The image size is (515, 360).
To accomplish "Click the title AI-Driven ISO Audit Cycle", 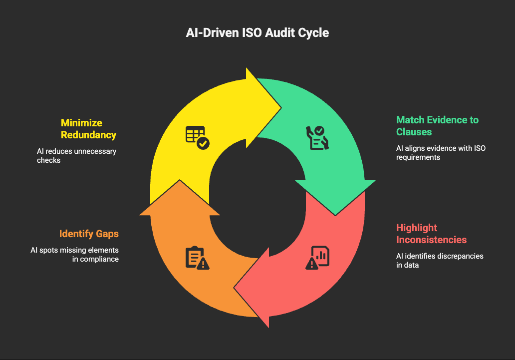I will (257, 33).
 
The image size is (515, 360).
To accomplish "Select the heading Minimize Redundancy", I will (88, 128).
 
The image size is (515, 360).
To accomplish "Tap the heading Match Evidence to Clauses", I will (437, 125).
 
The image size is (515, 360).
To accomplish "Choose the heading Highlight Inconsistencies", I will (431, 234).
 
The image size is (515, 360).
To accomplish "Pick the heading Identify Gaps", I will (89, 234).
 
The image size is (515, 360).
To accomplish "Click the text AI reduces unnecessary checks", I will (76, 155).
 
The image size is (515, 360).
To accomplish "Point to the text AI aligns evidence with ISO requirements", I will (441, 152).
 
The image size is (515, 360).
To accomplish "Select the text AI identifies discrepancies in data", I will (440, 260).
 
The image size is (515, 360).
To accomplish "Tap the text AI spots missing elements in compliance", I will (75, 254).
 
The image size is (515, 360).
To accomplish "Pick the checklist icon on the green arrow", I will (317, 137).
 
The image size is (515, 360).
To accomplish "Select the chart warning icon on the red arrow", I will (317, 258).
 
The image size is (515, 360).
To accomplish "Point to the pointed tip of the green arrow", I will (335, 215).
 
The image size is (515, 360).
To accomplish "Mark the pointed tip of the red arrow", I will (235, 289).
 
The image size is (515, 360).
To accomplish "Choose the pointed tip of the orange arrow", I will (180, 181).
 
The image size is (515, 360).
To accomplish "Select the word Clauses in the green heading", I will (414, 131).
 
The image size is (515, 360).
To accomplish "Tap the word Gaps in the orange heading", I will (107, 234).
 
